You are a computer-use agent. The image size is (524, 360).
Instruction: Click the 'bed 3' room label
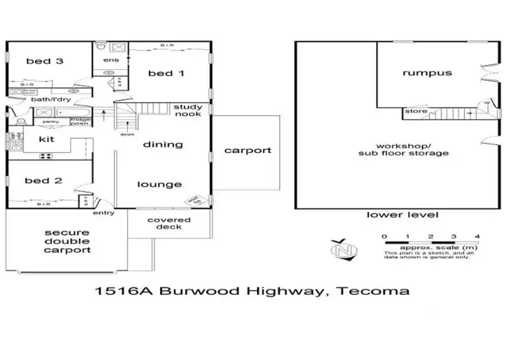(45, 62)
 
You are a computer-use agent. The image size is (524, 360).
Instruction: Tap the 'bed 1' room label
(166, 74)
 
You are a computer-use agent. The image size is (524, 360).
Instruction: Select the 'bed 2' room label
(43, 181)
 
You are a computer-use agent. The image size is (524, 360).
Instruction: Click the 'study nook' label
(189, 110)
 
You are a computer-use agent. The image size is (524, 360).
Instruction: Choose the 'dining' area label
(163, 145)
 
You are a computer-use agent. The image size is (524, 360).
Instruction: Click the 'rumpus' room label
(427, 73)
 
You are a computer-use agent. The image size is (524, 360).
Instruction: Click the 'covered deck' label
(164, 223)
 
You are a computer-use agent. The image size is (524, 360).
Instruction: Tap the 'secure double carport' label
(67, 241)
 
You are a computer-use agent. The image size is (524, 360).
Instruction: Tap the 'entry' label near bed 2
(103, 213)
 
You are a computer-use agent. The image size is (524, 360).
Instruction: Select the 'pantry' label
(50, 122)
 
